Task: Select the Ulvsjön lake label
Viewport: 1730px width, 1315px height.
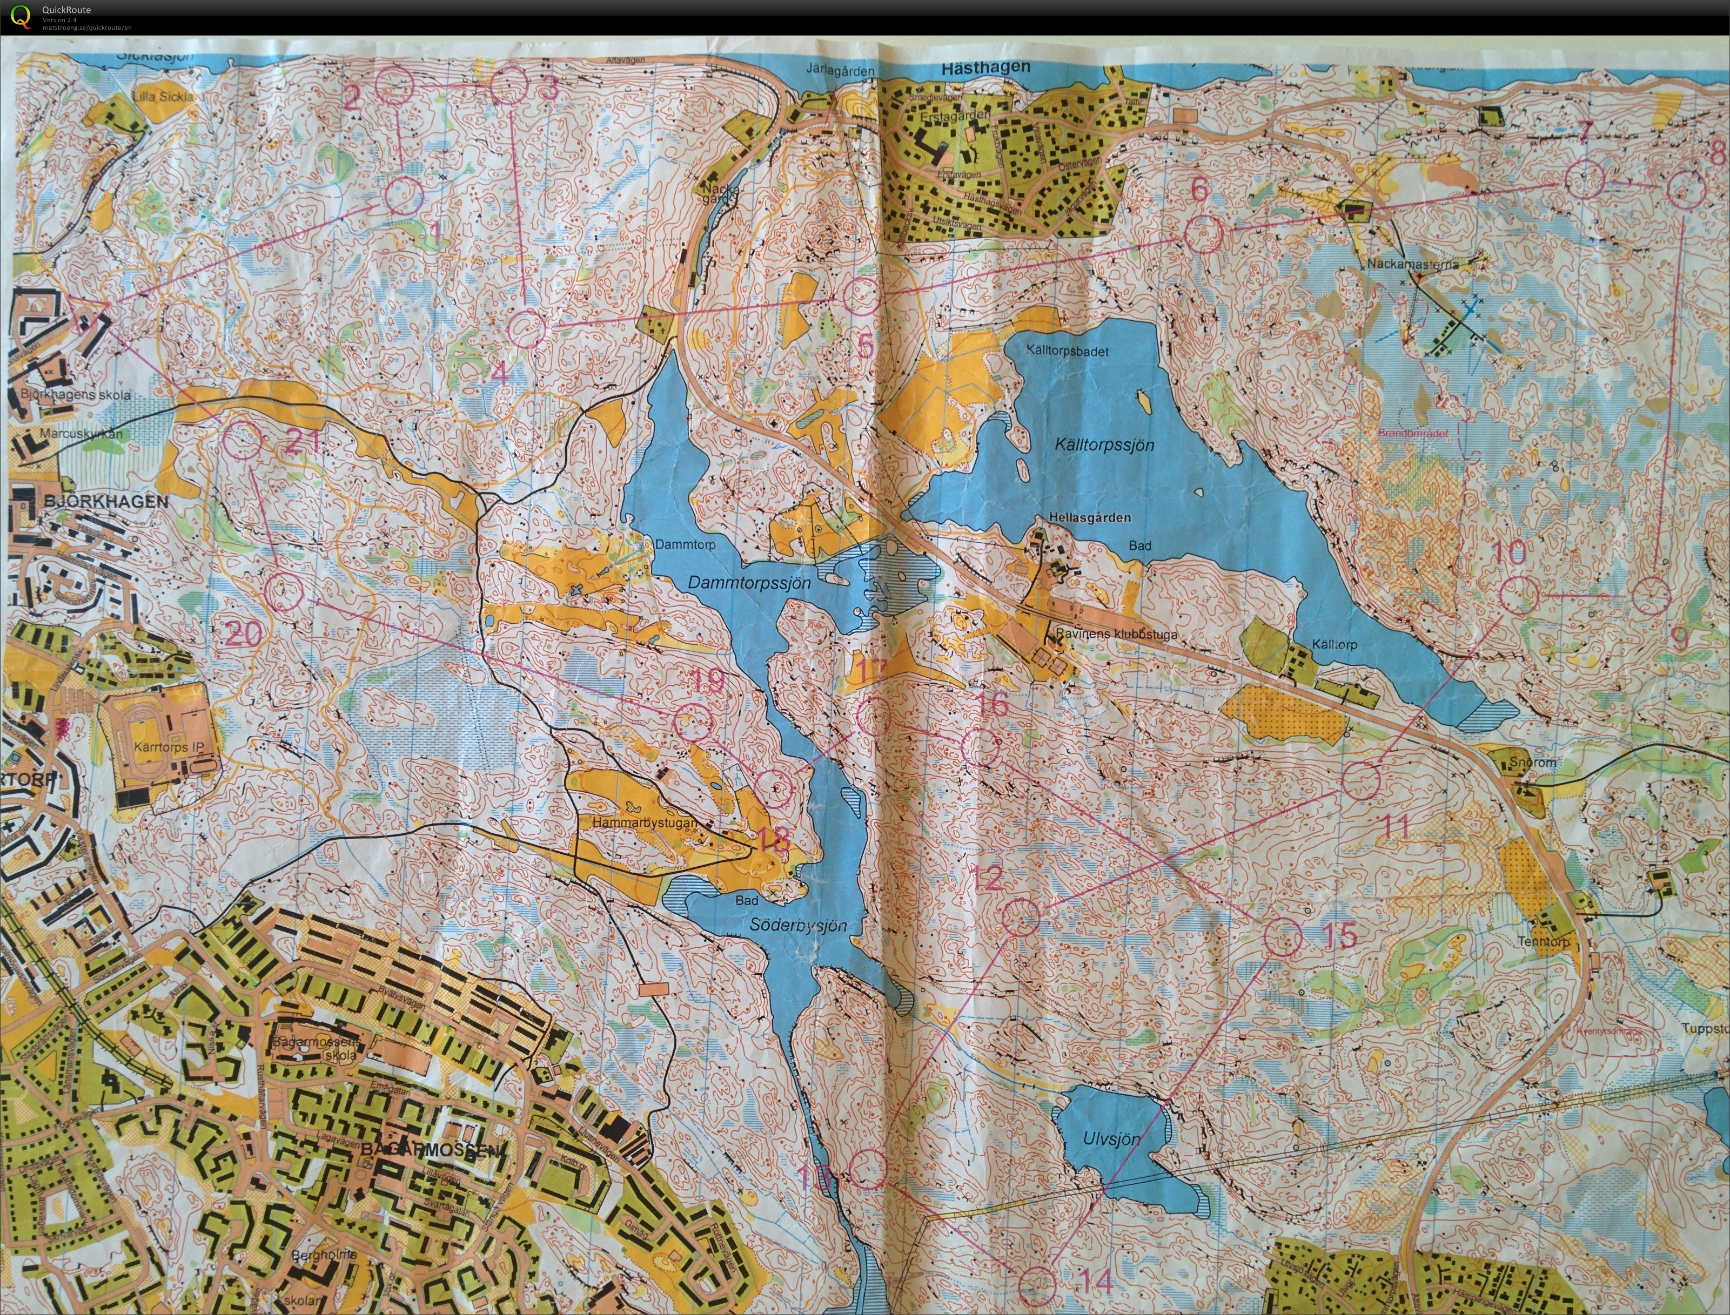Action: [x=1111, y=1139]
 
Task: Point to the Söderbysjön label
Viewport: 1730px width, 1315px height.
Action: [x=798, y=925]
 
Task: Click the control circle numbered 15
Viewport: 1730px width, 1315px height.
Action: [x=1283, y=938]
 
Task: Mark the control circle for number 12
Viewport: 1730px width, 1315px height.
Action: [x=1021, y=916]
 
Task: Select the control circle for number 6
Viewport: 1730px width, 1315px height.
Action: [x=1203, y=234]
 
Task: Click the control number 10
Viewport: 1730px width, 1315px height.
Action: [x=1508, y=552]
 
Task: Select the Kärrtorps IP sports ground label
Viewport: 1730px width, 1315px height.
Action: [x=169, y=747]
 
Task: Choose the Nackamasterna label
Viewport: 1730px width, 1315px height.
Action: [x=1413, y=264]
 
